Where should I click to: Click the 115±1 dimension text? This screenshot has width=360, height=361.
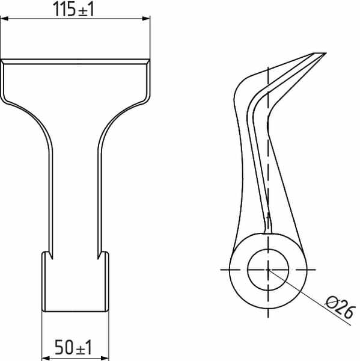(73, 9)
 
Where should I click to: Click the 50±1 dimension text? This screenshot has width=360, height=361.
(73, 347)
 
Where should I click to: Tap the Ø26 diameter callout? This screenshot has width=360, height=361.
(340, 307)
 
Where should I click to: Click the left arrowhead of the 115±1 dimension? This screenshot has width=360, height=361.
(4, 19)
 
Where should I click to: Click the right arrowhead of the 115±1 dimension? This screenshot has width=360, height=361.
(146, 19)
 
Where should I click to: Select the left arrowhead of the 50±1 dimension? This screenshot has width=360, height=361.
(46, 358)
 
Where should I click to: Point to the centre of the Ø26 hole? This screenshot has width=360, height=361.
(268, 270)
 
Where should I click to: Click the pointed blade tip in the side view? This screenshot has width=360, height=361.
(326, 53)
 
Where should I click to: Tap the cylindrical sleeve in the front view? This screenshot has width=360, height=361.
(75, 282)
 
